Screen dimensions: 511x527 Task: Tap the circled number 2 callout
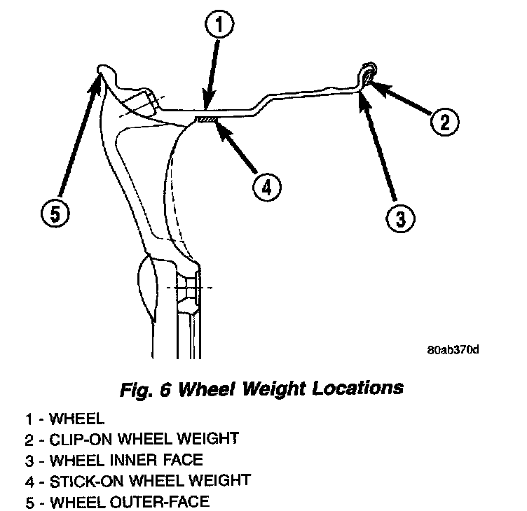[x=444, y=122]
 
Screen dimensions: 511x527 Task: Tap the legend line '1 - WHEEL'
[x=64, y=419]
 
